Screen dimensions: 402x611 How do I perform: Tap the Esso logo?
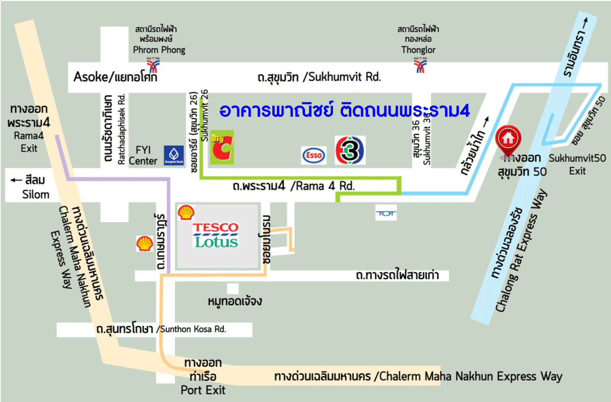(x=314, y=156)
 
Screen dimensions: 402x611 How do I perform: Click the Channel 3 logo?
(x=350, y=150)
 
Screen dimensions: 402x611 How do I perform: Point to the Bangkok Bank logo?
(x=174, y=155)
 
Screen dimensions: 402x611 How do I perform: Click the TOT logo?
(x=385, y=213)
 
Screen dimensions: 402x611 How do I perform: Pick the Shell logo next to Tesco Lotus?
(x=186, y=212)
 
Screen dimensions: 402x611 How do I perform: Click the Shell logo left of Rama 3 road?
(x=145, y=244)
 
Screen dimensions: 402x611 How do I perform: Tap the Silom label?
(x=31, y=187)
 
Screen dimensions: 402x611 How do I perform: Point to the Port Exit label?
(x=203, y=377)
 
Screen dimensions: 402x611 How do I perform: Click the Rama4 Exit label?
(x=29, y=129)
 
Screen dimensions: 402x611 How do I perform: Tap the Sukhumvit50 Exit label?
(x=577, y=164)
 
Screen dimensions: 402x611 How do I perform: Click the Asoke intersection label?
(x=116, y=77)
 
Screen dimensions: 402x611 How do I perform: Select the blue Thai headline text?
(x=344, y=111)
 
